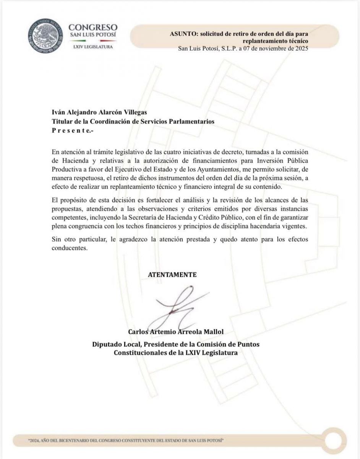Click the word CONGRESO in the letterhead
pos(92,28)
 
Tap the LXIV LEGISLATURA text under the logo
pos(92,47)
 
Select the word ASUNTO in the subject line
pos(182,33)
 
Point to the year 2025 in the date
pos(300,49)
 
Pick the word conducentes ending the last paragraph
pos(70,247)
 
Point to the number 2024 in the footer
pos(35,440)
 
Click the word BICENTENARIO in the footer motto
pos(83,440)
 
